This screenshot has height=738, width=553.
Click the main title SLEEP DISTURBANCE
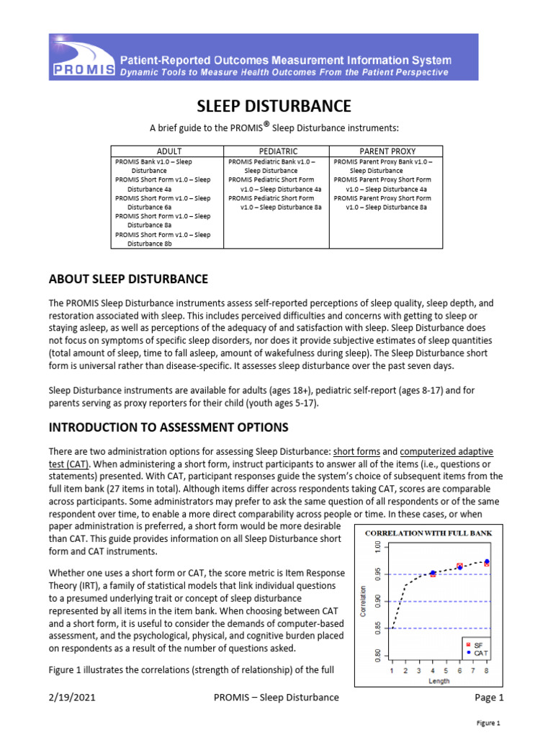[x=274, y=107]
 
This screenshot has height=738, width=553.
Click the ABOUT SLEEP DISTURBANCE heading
[x=127, y=279]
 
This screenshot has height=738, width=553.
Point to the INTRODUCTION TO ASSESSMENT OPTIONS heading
[x=168, y=427]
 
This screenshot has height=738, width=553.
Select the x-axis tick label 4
[x=432, y=671]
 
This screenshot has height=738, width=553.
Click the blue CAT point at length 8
[x=487, y=561]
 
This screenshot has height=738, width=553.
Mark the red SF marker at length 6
[x=459, y=566]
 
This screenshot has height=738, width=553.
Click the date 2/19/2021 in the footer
[x=72, y=698]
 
